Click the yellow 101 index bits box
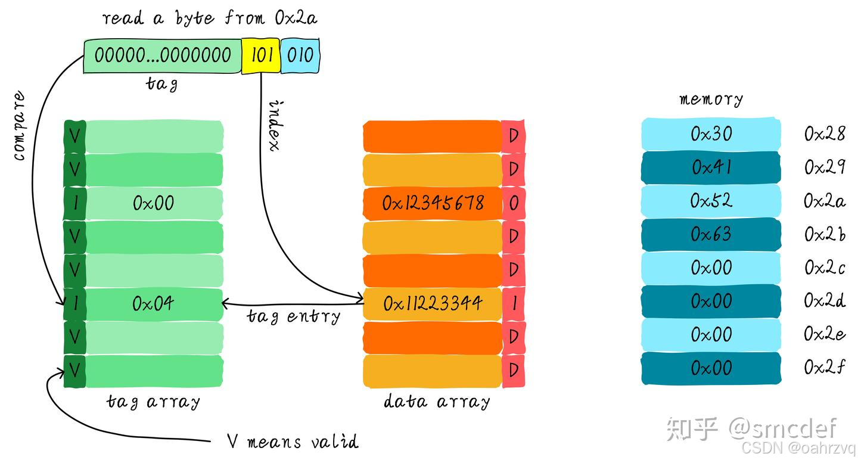[260, 56]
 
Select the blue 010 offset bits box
[300, 56]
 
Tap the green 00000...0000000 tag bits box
[162, 56]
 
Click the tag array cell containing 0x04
[154, 304]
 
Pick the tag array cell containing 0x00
[154, 204]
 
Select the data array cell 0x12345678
[433, 204]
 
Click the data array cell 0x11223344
[433, 304]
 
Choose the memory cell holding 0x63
[711, 235]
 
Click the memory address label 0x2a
[824, 201]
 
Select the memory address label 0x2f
[824, 368]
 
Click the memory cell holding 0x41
[711, 168]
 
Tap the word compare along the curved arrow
[19, 126]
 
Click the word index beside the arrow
[275, 125]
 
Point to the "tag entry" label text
[293, 316]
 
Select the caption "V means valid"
[293, 442]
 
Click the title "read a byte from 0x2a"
[210, 18]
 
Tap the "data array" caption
[437, 401]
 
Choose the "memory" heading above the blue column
[711, 99]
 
